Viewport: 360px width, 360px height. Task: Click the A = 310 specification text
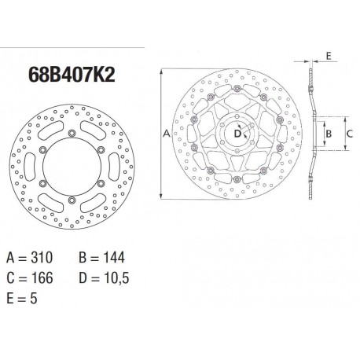coord(31,256)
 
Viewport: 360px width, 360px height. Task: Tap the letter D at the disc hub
coord(236,134)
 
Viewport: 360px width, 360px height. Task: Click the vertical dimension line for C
coord(340,134)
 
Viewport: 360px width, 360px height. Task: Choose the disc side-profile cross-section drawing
coord(313,134)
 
